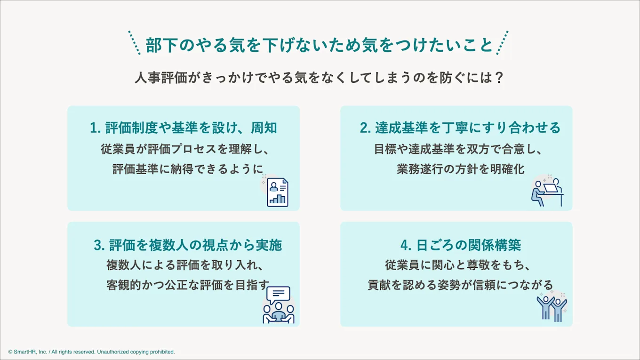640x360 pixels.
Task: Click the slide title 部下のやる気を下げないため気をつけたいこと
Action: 319,45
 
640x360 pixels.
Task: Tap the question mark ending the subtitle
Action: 500,78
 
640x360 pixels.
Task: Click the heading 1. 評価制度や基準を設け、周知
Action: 184,128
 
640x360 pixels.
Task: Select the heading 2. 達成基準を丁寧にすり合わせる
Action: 460,128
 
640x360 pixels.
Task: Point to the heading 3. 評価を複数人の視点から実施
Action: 188,245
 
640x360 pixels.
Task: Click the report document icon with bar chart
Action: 277,192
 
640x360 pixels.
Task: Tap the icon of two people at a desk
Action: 547,192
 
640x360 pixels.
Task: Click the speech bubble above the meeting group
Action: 278,295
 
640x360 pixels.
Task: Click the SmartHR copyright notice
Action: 91,352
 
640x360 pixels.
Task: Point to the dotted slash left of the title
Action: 135,43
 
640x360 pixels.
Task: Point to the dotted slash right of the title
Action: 502,43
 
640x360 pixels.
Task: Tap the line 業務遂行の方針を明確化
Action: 460,169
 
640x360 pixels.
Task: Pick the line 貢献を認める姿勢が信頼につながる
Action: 460,285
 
